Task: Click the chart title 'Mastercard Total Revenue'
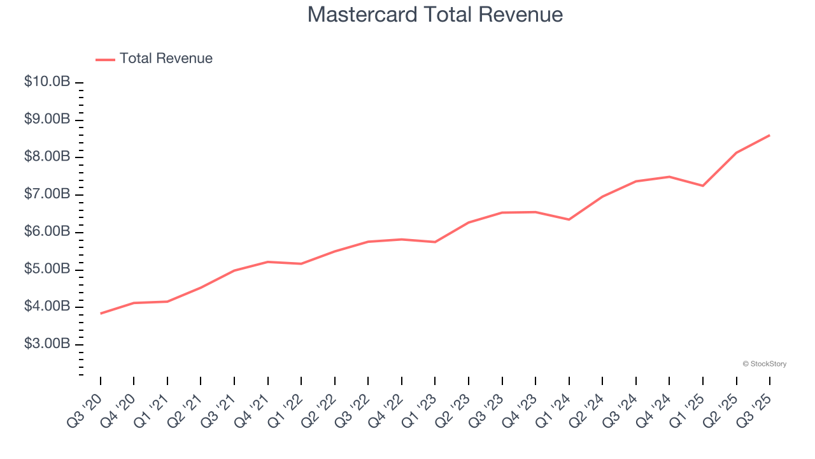click(435, 15)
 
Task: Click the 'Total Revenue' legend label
click(166, 59)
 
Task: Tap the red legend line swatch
click(105, 59)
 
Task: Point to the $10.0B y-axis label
click(47, 82)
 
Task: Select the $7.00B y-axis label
click(47, 194)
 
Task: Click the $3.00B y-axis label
click(47, 344)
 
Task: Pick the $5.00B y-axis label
click(47, 270)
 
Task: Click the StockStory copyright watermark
click(764, 364)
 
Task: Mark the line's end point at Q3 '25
click(769, 135)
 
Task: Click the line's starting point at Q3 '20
click(101, 313)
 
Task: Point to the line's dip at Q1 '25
click(702, 186)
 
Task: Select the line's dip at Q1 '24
click(569, 219)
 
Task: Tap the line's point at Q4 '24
click(669, 177)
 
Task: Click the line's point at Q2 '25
click(736, 152)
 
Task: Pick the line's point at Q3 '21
click(234, 270)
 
